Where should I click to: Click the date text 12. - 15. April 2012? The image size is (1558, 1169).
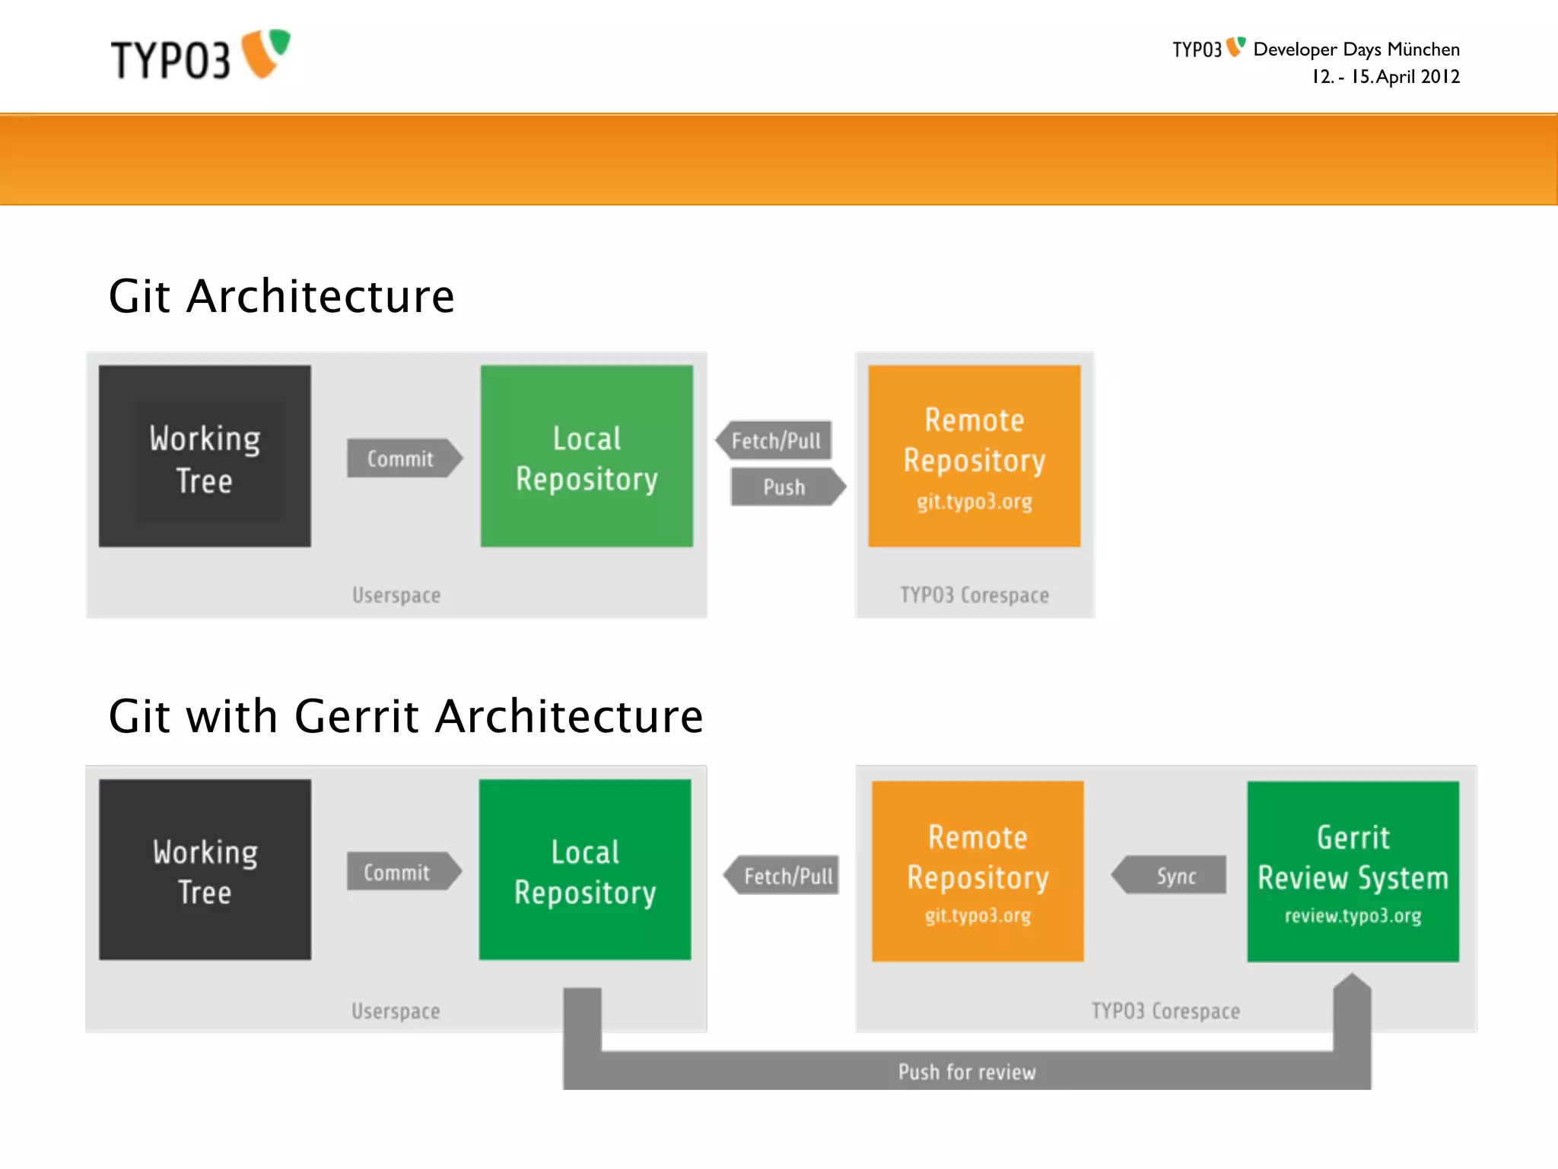pos(1385,77)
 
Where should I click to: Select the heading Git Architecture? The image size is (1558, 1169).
pos(281,296)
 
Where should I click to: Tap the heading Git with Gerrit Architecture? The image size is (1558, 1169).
pos(405,716)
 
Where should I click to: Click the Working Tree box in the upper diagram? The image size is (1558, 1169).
pos(205,457)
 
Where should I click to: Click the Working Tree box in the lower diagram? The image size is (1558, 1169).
pos(205,870)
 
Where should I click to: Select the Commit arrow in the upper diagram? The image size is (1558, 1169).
pos(403,459)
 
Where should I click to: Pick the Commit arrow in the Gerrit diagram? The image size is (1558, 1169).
pos(402,872)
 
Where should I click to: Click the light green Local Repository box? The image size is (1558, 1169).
pos(587,457)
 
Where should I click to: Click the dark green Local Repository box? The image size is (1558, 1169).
pos(585,870)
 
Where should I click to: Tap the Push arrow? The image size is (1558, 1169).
pos(787,487)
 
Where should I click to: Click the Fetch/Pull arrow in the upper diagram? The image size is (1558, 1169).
pos(774,441)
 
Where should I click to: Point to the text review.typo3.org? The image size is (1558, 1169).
pos(1353,916)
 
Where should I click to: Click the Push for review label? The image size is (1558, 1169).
pos(967,1072)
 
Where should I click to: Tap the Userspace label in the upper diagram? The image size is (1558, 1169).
pos(396,595)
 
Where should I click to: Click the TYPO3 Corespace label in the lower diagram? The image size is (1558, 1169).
pos(1165,1011)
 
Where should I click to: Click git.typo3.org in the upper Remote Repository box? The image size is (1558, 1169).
pos(974,502)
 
